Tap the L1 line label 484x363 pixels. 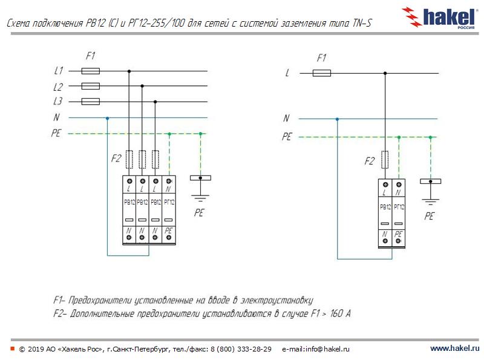[x=57, y=71]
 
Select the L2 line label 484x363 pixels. [x=57, y=87]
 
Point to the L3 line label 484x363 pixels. [x=57, y=102]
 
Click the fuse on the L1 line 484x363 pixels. [x=90, y=71]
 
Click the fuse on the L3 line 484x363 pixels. [x=90, y=102]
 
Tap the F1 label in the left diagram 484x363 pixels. [x=90, y=56]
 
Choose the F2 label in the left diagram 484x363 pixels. [x=116, y=160]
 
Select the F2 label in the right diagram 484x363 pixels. [x=370, y=161]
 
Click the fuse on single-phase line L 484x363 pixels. [x=321, y=73]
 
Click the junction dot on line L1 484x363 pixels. [x=128, y=71]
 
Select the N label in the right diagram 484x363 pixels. [x=287, y=119]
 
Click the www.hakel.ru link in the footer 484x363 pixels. [x=454, y=349]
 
